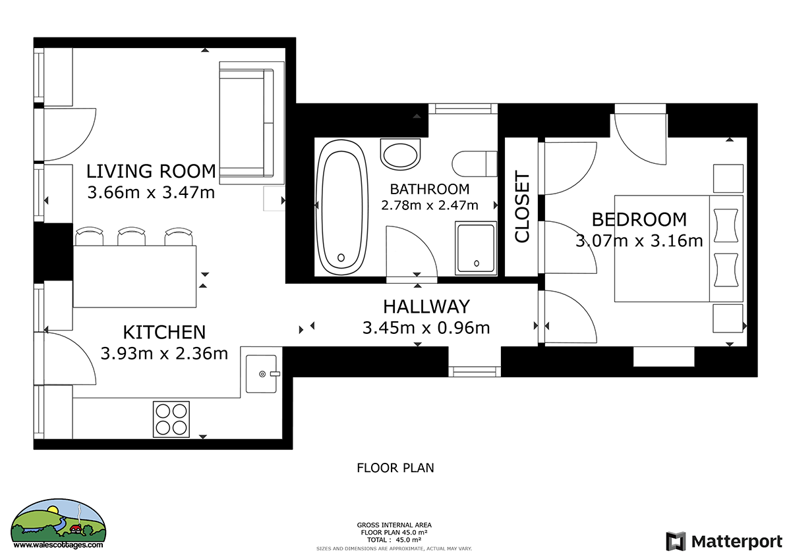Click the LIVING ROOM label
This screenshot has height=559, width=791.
coord(151,171)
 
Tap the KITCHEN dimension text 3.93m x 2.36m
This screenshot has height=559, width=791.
coord(165,354)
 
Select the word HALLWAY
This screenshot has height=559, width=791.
coord(426,306)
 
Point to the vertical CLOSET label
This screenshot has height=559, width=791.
coord(522,207)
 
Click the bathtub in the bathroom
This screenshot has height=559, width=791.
coord(341,207)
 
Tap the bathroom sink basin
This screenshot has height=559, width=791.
coord(401,155)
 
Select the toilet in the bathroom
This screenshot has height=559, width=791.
coord(475,164)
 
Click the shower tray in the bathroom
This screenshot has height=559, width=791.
coord(476,248)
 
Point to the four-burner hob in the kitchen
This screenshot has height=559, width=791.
coord(171,419)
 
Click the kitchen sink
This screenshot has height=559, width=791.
coord(261,374)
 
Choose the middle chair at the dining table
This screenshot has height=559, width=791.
coord(131,236)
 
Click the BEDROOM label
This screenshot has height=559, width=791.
coord(639,219)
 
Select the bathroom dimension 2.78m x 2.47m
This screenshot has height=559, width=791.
coord(430,205)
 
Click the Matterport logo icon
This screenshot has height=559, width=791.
coord(676,541)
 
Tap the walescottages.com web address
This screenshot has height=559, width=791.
coord(58,545)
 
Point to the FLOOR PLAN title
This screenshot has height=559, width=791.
coord(395,468)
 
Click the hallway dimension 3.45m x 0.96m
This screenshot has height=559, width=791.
coord(426,328)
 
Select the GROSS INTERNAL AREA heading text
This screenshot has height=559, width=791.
coord(394,525)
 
